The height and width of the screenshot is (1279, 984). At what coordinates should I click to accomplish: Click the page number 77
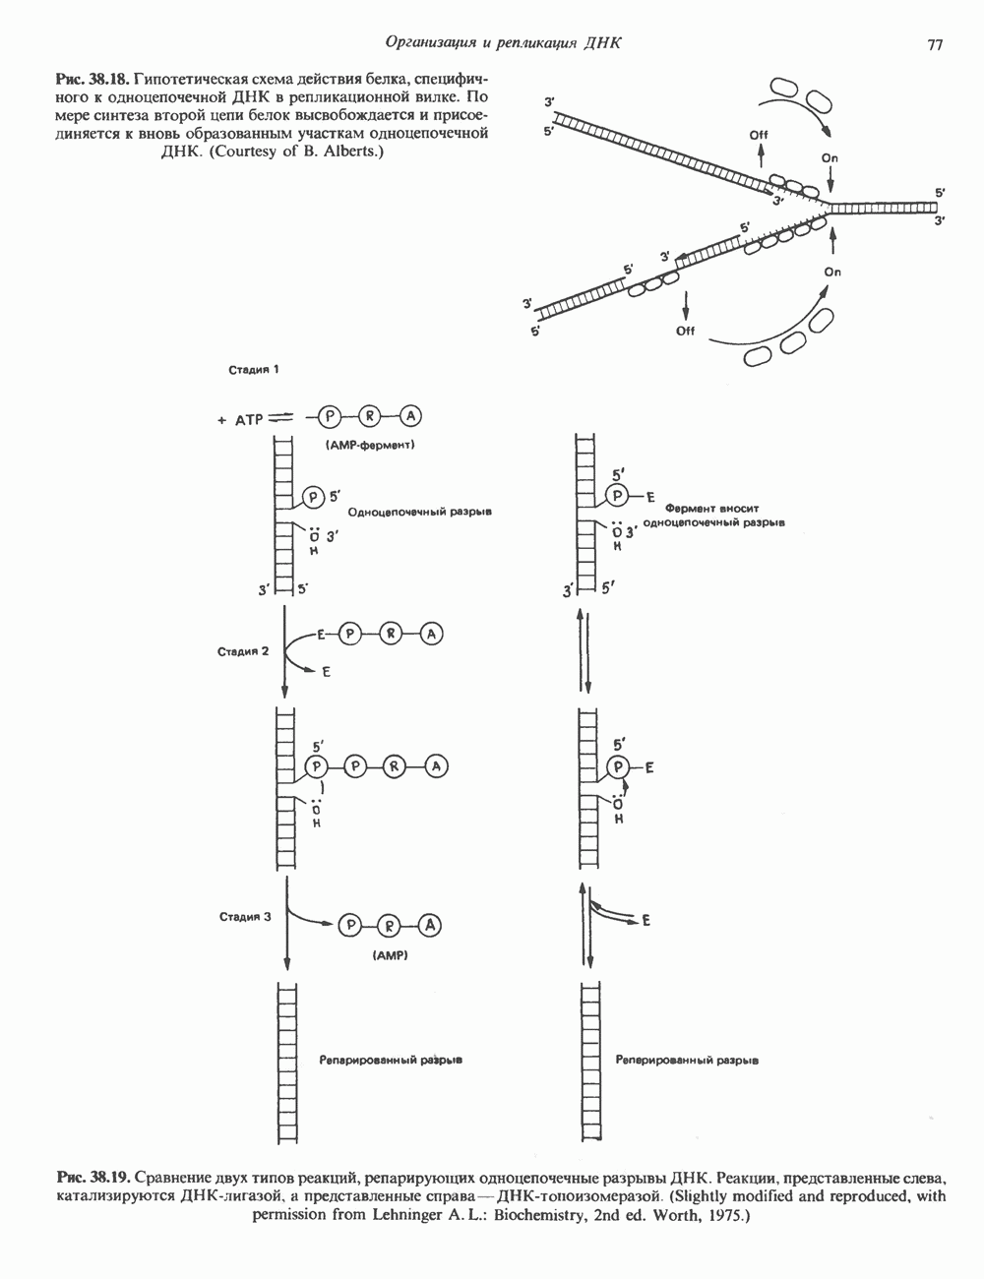[935, 45]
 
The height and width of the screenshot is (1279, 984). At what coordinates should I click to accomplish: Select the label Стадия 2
[244, 650]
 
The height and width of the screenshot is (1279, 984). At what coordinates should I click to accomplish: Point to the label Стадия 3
[244, 917]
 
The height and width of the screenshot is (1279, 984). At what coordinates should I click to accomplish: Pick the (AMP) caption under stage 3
[391, 955]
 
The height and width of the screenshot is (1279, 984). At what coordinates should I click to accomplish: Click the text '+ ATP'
[235, 419]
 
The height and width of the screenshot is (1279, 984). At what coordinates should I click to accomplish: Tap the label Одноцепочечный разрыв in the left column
[420, 514]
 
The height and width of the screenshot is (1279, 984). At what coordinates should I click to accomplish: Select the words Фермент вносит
[706, 510]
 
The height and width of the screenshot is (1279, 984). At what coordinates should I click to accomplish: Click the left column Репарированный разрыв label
[391, 1062]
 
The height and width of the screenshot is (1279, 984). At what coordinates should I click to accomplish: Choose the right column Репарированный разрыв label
[687, 1062]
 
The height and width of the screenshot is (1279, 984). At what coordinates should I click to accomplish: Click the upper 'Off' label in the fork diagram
[759, 135]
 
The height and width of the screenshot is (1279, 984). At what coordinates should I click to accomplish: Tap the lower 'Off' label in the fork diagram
[685, 331]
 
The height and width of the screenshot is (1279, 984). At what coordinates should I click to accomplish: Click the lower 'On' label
[833, 272]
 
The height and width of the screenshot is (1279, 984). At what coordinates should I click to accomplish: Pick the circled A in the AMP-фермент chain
[411, 417]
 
